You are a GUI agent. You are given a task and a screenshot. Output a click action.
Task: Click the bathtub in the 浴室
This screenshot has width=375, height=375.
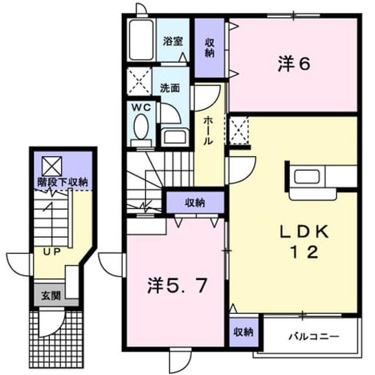[x=142, y=40]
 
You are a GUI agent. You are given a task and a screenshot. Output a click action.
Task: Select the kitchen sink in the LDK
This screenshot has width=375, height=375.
[x=307, y=176]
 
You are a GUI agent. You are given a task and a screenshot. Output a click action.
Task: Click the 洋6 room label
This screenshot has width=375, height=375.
[x=294, y=64]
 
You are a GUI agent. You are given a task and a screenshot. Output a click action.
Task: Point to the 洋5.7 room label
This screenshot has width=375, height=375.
[x=176, y=286]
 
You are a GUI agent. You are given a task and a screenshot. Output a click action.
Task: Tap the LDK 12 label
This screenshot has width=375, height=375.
[x=305, y=241]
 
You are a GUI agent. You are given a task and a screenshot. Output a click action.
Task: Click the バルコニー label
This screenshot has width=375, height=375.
[x=314, y=336]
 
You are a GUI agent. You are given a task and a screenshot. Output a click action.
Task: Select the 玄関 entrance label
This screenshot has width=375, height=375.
[x=51, y=295]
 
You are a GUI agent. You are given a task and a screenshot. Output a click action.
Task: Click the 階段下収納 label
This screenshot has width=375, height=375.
[x=63, y=182]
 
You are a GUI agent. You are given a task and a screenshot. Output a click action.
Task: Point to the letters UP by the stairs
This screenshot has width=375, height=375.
[x=52, y=251]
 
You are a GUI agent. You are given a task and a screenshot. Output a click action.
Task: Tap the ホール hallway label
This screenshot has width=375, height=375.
[x=207, y=131]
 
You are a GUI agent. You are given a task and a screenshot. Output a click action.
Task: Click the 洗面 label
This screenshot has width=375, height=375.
[x=170, y=88]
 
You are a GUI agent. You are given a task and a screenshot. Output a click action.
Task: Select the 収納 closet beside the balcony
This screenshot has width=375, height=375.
[x=244, y=332]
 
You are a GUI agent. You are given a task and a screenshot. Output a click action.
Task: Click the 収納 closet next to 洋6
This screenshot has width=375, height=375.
[x=210, y=48]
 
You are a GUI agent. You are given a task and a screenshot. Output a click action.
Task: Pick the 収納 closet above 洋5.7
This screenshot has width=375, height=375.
[x=195, y=203]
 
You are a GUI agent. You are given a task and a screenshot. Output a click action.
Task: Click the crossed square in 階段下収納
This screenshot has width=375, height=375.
[x=52, y=166]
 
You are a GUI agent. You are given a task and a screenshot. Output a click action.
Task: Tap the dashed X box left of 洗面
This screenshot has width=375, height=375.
[x=139, y=81]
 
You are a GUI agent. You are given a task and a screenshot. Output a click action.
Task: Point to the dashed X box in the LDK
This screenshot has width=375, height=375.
[x=239, y=131]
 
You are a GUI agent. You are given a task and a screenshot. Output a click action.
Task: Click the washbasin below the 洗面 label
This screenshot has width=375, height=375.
[x=175, y=137]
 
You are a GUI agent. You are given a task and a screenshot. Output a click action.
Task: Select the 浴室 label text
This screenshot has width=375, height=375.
[x=173, y=42]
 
